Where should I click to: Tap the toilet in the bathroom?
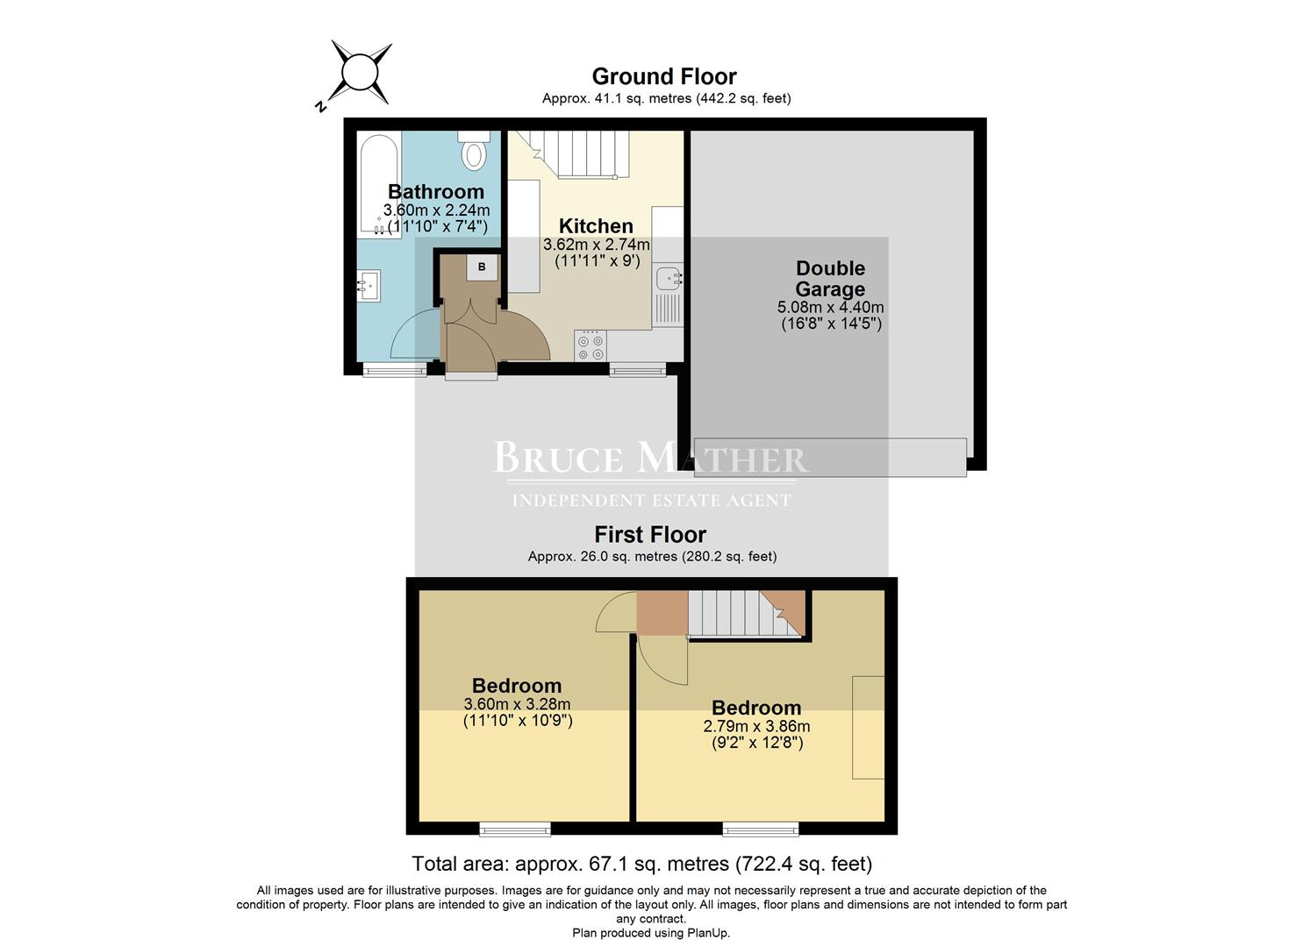click(474, 151)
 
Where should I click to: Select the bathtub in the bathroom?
click(379, 183)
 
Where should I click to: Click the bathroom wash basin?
click(369, 285)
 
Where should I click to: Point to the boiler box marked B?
click(482, 267)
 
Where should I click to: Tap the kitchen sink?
click(669, 280)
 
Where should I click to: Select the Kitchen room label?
click(596, 226)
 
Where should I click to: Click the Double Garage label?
click(830, 279)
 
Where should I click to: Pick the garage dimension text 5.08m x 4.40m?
click(830, 308)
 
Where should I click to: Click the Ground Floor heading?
click(664, 77)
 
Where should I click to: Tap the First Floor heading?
click(650, 535)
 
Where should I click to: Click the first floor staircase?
click(734, 612)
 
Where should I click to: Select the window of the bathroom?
click(394, 371)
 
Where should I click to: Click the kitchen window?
click(638, 371)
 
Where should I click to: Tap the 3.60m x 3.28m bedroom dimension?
click(517, 704)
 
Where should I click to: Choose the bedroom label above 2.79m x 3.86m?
click(756, 708)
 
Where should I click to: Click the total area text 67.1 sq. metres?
click(641, 864)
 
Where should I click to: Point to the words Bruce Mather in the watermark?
click(650, 459)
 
